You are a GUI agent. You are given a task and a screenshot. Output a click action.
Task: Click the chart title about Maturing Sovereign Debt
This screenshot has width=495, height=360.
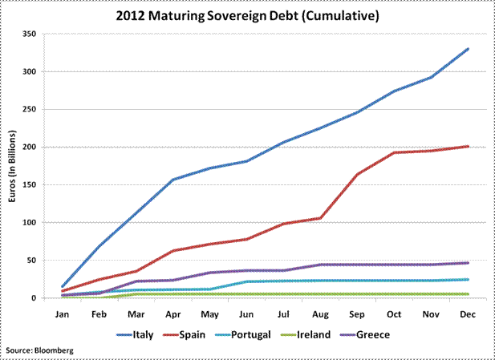click(247, 16)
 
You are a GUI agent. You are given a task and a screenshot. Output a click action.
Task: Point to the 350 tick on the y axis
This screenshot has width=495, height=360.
click(29, 34)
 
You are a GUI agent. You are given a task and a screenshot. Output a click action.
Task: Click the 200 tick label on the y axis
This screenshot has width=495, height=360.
click(29, 148)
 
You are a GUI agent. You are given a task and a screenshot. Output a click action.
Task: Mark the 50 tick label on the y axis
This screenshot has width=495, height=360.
click(31, 261)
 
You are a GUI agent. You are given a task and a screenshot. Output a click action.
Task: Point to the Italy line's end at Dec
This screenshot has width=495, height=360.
click(468, 49)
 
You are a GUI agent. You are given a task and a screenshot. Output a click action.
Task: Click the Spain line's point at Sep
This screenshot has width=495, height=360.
click(357, 174)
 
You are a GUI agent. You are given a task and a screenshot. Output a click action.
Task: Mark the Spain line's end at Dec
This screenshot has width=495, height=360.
click(468, 146)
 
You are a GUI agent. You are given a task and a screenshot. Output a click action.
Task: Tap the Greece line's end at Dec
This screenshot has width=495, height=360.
click(468, 262)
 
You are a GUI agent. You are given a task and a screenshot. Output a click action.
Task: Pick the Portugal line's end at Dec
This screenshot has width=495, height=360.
click(468, 279)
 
